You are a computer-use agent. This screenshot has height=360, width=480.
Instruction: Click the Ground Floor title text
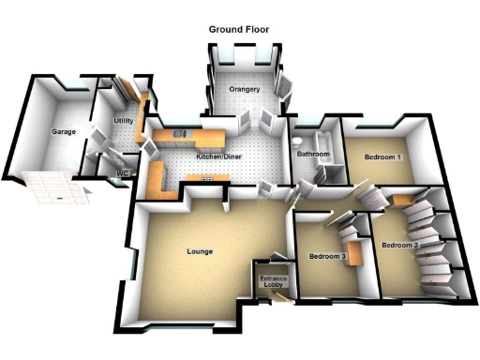click(238, 30)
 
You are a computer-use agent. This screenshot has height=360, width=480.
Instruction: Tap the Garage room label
click(64, 131)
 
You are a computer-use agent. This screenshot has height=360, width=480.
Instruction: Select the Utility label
click(123, 122)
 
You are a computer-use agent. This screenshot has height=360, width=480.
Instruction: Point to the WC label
click(121, 172)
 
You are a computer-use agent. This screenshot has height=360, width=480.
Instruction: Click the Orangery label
click(245, 90)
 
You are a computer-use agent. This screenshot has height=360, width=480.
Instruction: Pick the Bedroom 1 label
click(382, 157)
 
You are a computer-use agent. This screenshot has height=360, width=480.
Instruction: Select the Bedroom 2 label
click(399, 245)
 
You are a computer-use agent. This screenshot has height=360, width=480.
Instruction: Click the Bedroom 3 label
click(327, 256)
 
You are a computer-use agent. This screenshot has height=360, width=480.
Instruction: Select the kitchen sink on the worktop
click(185, 133)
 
